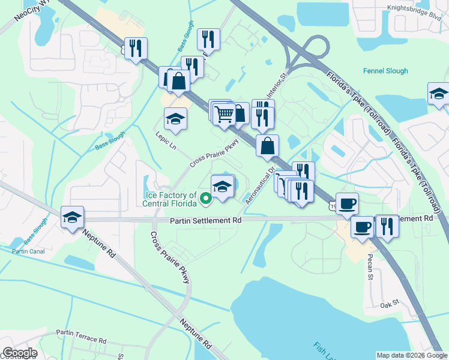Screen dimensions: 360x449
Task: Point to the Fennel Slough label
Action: point(385,71)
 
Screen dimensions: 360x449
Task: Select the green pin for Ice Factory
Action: point(205,197)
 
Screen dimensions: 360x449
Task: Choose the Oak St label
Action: point(390,305)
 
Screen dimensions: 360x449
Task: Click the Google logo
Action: point(20,353)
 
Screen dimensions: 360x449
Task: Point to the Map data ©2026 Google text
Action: point(412,355)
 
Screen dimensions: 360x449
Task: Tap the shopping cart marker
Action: point(224,113)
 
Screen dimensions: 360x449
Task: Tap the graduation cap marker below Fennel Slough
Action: point(439,94)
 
